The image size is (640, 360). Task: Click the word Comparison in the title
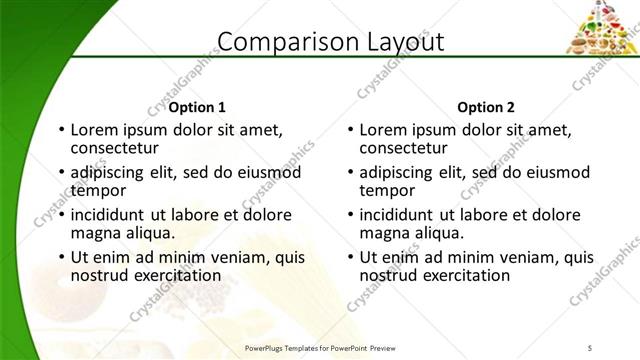[x=281, y=41]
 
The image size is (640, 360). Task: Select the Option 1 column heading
[x=197, y=106]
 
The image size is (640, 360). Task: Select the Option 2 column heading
[x=487, y=106]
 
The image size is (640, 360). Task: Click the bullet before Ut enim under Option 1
[x=61, y=257]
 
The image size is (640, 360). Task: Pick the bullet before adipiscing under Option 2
[x=350, y=172]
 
